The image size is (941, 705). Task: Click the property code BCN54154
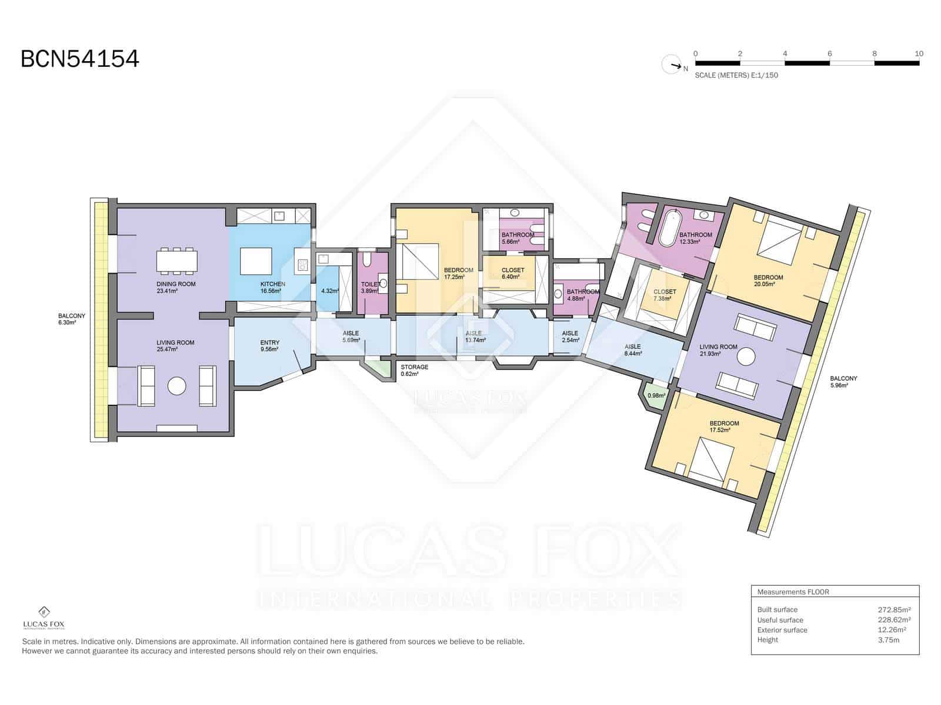pos(80,59)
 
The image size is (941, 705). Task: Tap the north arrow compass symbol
pos(672,65)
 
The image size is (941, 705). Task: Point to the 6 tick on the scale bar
pos(829,54)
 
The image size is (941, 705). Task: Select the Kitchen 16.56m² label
pos(273,287)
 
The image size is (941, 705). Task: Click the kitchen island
pos(256,261)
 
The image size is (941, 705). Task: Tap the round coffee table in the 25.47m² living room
pos(176,386)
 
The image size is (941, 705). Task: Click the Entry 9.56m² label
pos(269,346)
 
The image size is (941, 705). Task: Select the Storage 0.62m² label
pos(414,370)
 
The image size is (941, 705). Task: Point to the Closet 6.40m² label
pos(513,274)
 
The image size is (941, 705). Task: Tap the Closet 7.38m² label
pos(665,295)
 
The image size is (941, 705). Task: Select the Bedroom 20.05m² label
pos(768,280)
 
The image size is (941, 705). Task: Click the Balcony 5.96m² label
pos(843,382)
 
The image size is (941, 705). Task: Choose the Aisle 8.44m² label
pos(633,350)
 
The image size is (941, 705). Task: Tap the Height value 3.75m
pos(888,640)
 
